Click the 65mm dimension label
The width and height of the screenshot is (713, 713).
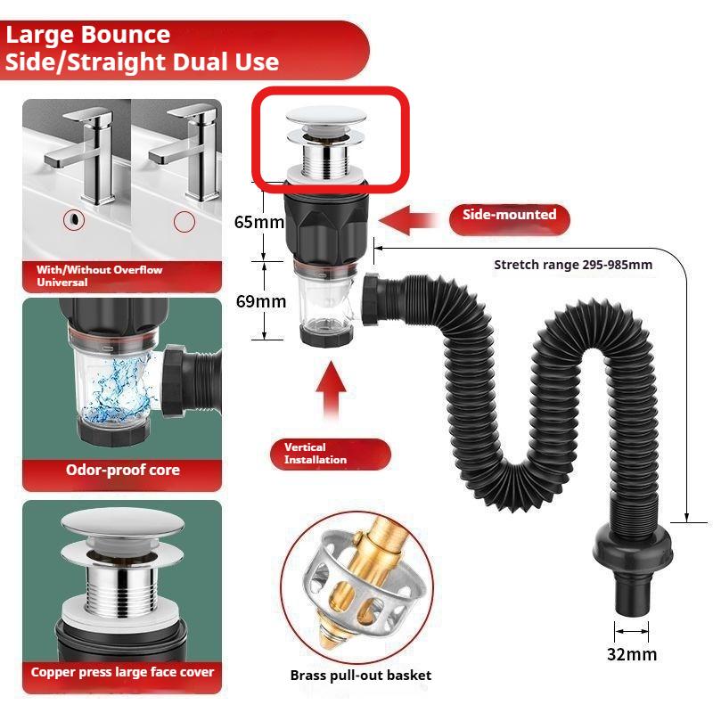click(x=255, y=222)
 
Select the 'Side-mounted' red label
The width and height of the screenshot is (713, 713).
click(x=509, y=215)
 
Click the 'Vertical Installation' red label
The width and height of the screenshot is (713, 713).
click(x=330, y=453)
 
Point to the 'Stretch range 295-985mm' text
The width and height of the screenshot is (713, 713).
click(x=573, y=265)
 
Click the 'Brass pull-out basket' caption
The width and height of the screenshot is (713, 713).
click(x=360, y=675)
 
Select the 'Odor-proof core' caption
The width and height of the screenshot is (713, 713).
click(x=122, y=470)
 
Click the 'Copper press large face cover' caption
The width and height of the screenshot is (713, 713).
click(x=122, y=672)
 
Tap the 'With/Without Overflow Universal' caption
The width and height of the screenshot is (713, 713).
click(x=98, y=275)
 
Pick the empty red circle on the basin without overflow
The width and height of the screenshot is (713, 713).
click(x=184, y=221)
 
